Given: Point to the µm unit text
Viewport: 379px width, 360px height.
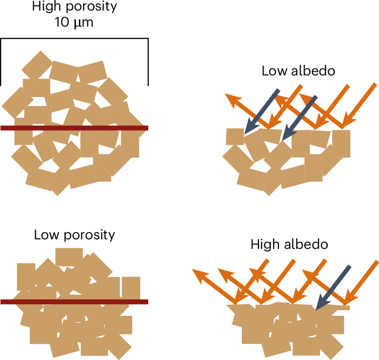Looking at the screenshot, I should [84, 24].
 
